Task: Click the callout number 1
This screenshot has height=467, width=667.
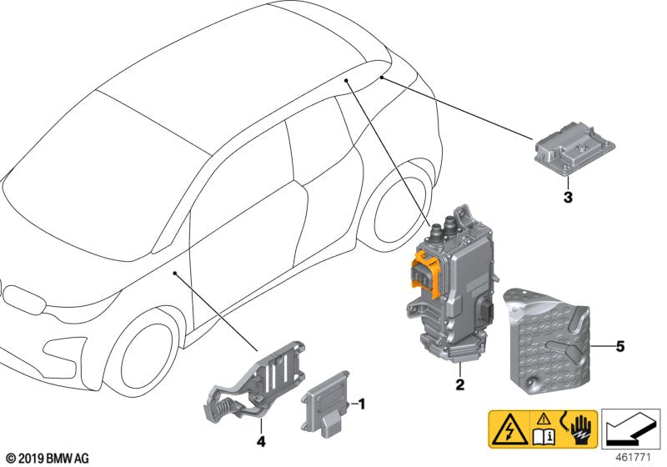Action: pyautogui.click(x=362, y=404)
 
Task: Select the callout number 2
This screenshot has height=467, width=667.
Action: pyautogui.click(x=459, y=385)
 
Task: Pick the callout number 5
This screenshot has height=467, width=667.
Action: pyautogui.click(x=619, y=344)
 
